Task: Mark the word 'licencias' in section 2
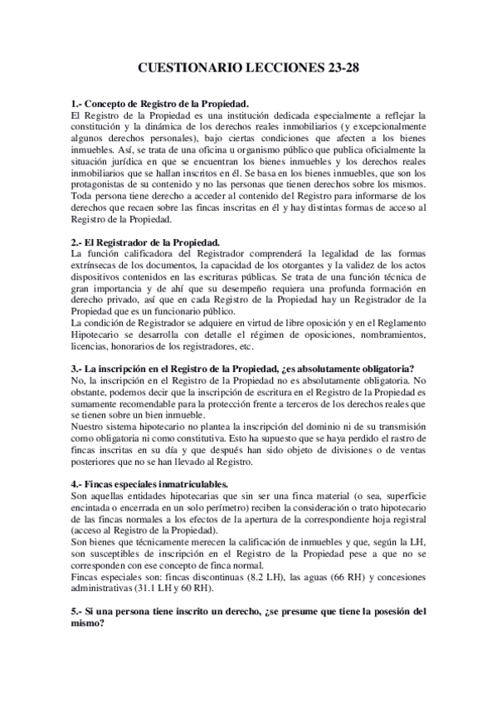click(89, 346)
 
